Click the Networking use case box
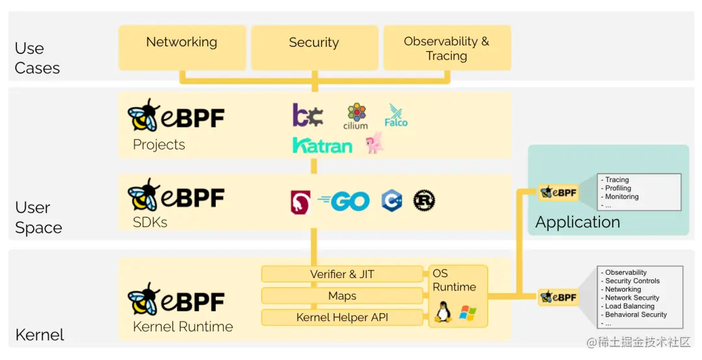[x=182, y=47]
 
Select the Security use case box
[x=314, y=47]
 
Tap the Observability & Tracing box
[x=447, y=48]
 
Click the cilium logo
[x=356, y=116]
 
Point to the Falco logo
[x=395, y=116]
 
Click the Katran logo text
[x=322, y=145]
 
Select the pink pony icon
[x=375, y=143]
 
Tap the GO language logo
[x=344, y=201]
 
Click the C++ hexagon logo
[x=391, y=201]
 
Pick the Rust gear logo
[x=424, y=201]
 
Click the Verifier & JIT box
[x=342, y=274]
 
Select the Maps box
[x=342, y=296]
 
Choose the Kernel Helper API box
[x=342, y=318]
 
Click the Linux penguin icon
[x=443, y=313]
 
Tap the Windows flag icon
[x=467, y=313]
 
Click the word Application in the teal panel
[x=577, y=222]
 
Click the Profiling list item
[x=618, y=188]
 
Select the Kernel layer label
[x=40, y=335]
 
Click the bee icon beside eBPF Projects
[x=144, y=116]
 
